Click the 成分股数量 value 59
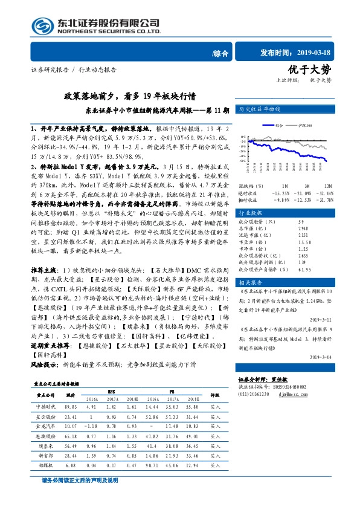click(x=284, y=224)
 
